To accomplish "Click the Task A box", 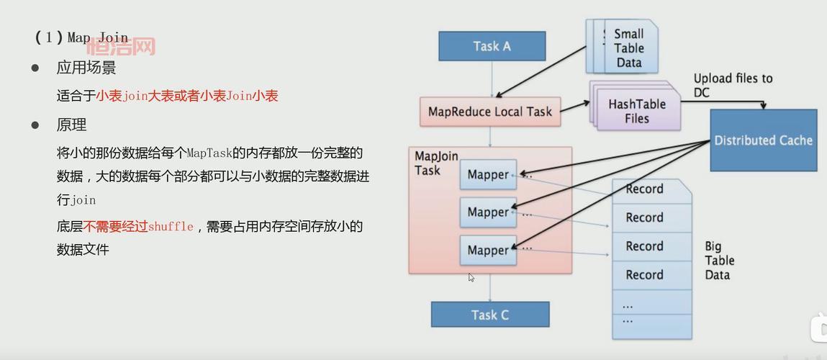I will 492,46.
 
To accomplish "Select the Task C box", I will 489,315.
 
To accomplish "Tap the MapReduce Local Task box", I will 489,112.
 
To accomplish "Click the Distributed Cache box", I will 763,140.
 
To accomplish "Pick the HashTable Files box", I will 636,111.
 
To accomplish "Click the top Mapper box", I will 488,175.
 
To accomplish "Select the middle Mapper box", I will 488,212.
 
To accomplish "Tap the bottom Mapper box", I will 488,251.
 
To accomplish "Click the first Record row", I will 644,189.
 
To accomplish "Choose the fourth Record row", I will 644,275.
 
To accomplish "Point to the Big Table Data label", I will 718,261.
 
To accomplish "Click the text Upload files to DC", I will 732,85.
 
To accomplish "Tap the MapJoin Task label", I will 436,163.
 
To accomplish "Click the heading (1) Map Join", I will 81,37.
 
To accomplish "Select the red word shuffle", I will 171,227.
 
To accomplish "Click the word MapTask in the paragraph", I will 209,153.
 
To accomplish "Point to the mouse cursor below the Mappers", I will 471,277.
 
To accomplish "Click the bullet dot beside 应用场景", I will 35,68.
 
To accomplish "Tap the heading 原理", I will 71,125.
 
